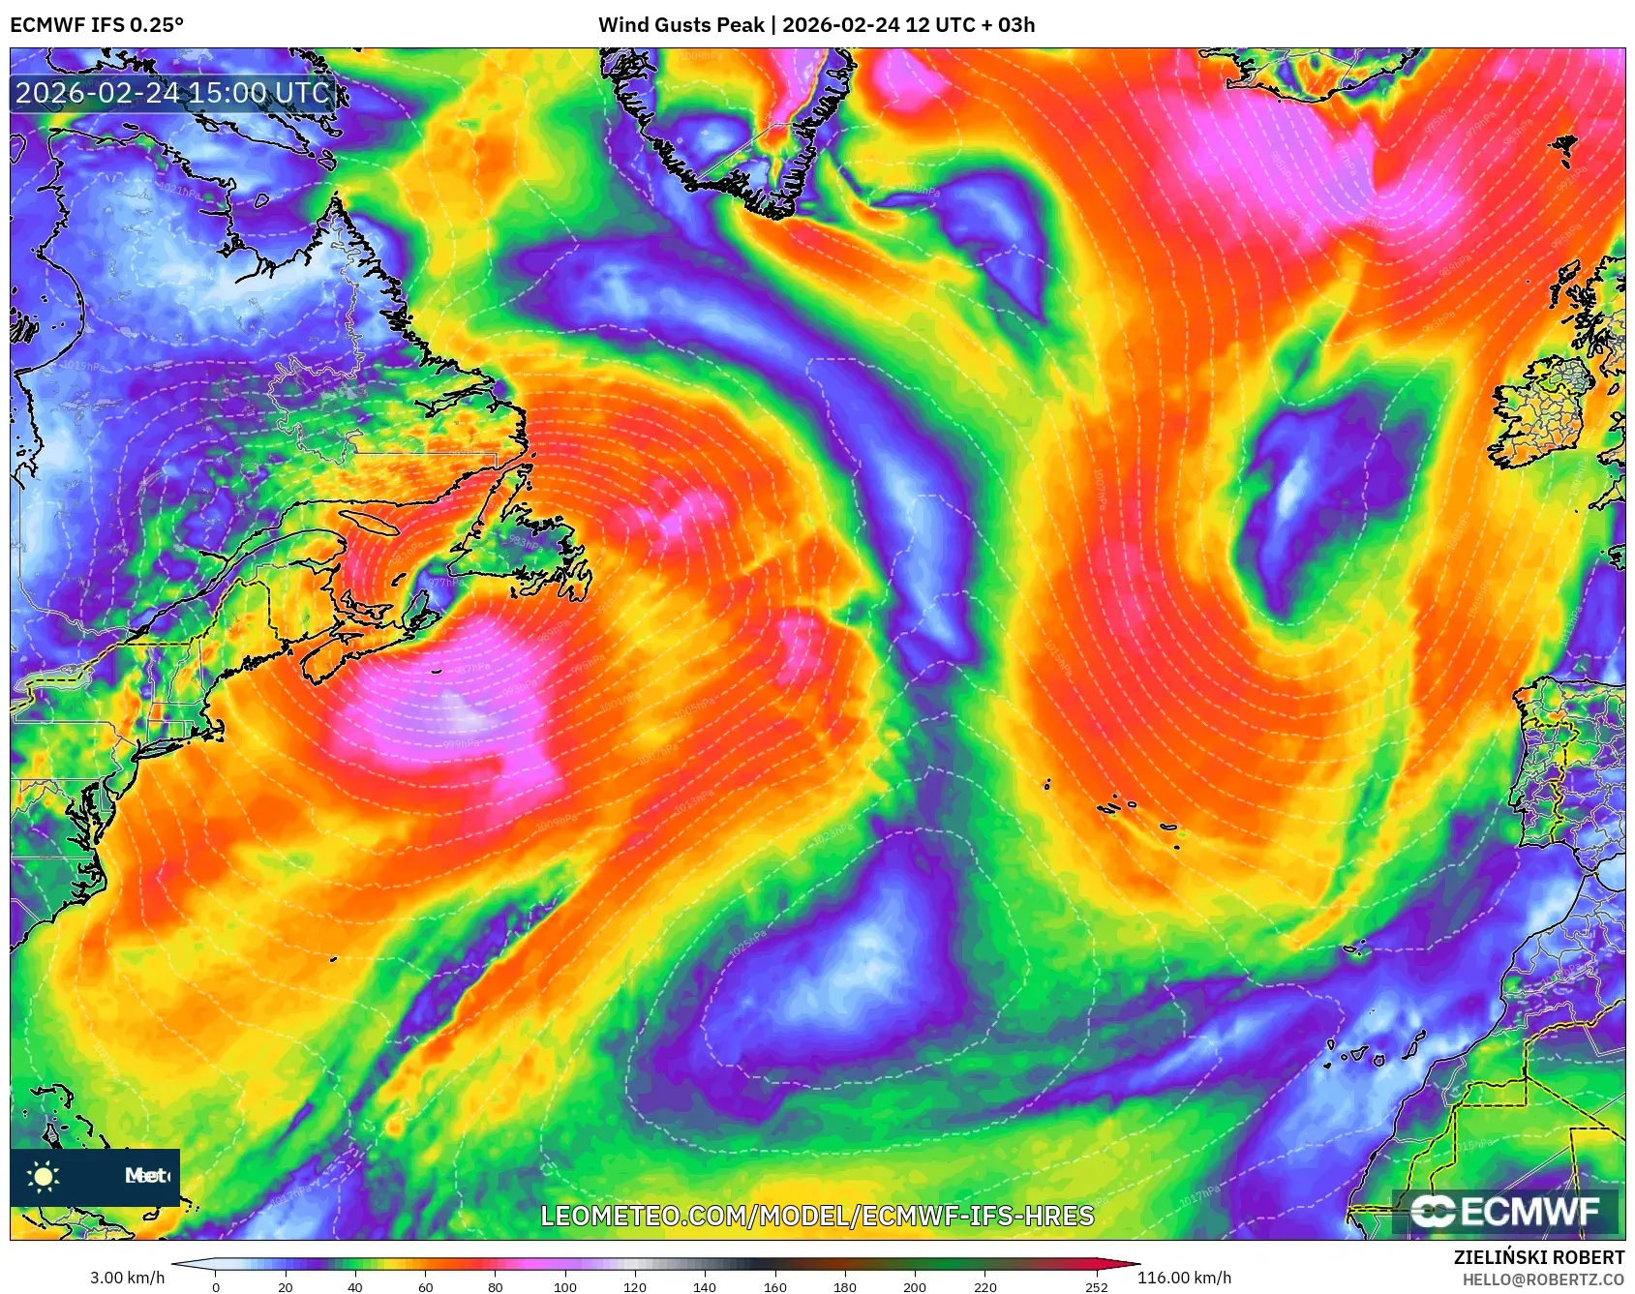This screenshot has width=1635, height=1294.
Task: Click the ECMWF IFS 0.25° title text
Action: click(x=97, y=25)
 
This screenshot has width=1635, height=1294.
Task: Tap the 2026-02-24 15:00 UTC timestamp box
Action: click(x=172, y=93)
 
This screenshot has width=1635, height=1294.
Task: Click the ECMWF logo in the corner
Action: click(x=1506, y=1211)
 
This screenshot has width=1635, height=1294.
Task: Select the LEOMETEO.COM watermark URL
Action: click(x=817, y=1216)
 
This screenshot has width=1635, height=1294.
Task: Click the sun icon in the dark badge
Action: click(x=44, y=1176)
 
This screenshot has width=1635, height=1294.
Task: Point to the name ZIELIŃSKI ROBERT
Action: click(x=1538, y=1257)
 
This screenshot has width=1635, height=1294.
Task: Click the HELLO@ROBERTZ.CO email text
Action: click(x=1543, y=1279)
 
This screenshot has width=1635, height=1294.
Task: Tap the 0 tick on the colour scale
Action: click(x=216, y=1286)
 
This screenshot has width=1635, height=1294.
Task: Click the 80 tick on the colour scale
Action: click(x=496, y=1286)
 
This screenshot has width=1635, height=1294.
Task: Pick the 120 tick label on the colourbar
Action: click(x=635, y=1286)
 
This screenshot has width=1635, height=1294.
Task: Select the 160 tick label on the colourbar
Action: click(x=774, y=1286)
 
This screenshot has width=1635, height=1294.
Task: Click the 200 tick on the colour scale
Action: click(x=915, y=1286)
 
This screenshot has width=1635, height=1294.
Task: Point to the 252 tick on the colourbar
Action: click(x=1097, y=1286)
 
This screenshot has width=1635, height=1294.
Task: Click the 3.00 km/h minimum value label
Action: click(x=128, y=1278)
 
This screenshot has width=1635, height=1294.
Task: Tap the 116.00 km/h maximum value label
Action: click(x=1184, y=1278)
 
